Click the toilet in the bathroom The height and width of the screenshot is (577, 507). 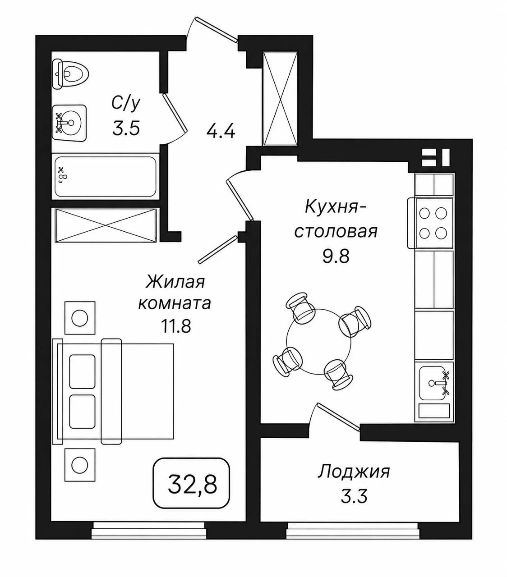(x=70, y=74)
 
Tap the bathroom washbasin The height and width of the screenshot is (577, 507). (x=69, y=123)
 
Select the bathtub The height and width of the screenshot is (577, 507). (x=105, y=177)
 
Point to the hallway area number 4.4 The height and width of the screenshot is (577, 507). (x=221, y=132)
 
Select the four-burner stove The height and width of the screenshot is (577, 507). (x=430, y=223)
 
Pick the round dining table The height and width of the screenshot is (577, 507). (x=318, y=342)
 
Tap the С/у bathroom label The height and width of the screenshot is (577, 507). (x=126, y=103)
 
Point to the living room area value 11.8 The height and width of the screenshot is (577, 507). (x=176, y=326)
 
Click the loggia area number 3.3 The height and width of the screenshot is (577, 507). (x=354, y=496)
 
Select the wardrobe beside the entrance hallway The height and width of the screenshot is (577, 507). (x=281, y=99)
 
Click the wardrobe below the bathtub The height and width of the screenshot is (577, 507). (x=106, y=225)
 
